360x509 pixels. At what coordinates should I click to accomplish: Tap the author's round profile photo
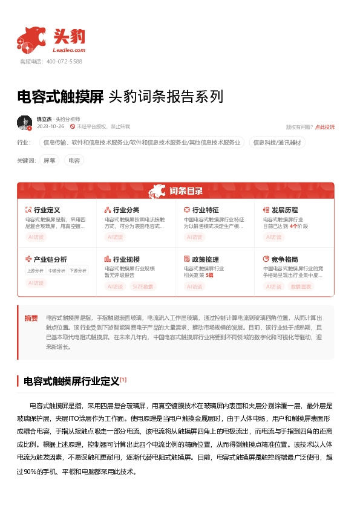[x=24, y=123]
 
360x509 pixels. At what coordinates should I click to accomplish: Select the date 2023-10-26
[x=50, y=126]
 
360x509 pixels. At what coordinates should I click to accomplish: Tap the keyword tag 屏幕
[x=50, y=161]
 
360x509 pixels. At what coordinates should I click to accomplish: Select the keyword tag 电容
[x=74, y=161]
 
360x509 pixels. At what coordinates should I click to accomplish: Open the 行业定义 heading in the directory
[x=47, y=210]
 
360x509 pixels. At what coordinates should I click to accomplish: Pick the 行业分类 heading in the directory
[x=126, y=210]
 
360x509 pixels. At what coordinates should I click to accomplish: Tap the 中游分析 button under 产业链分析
[x=56, y=271]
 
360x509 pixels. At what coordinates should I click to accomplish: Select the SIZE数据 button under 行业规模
[x=143, y=287]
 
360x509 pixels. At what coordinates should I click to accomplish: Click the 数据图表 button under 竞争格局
[x=302, y=287]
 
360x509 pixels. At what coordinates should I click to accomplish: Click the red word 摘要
[x=31, y=318]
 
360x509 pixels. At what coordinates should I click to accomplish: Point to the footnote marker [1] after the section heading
[x=123, y=380]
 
